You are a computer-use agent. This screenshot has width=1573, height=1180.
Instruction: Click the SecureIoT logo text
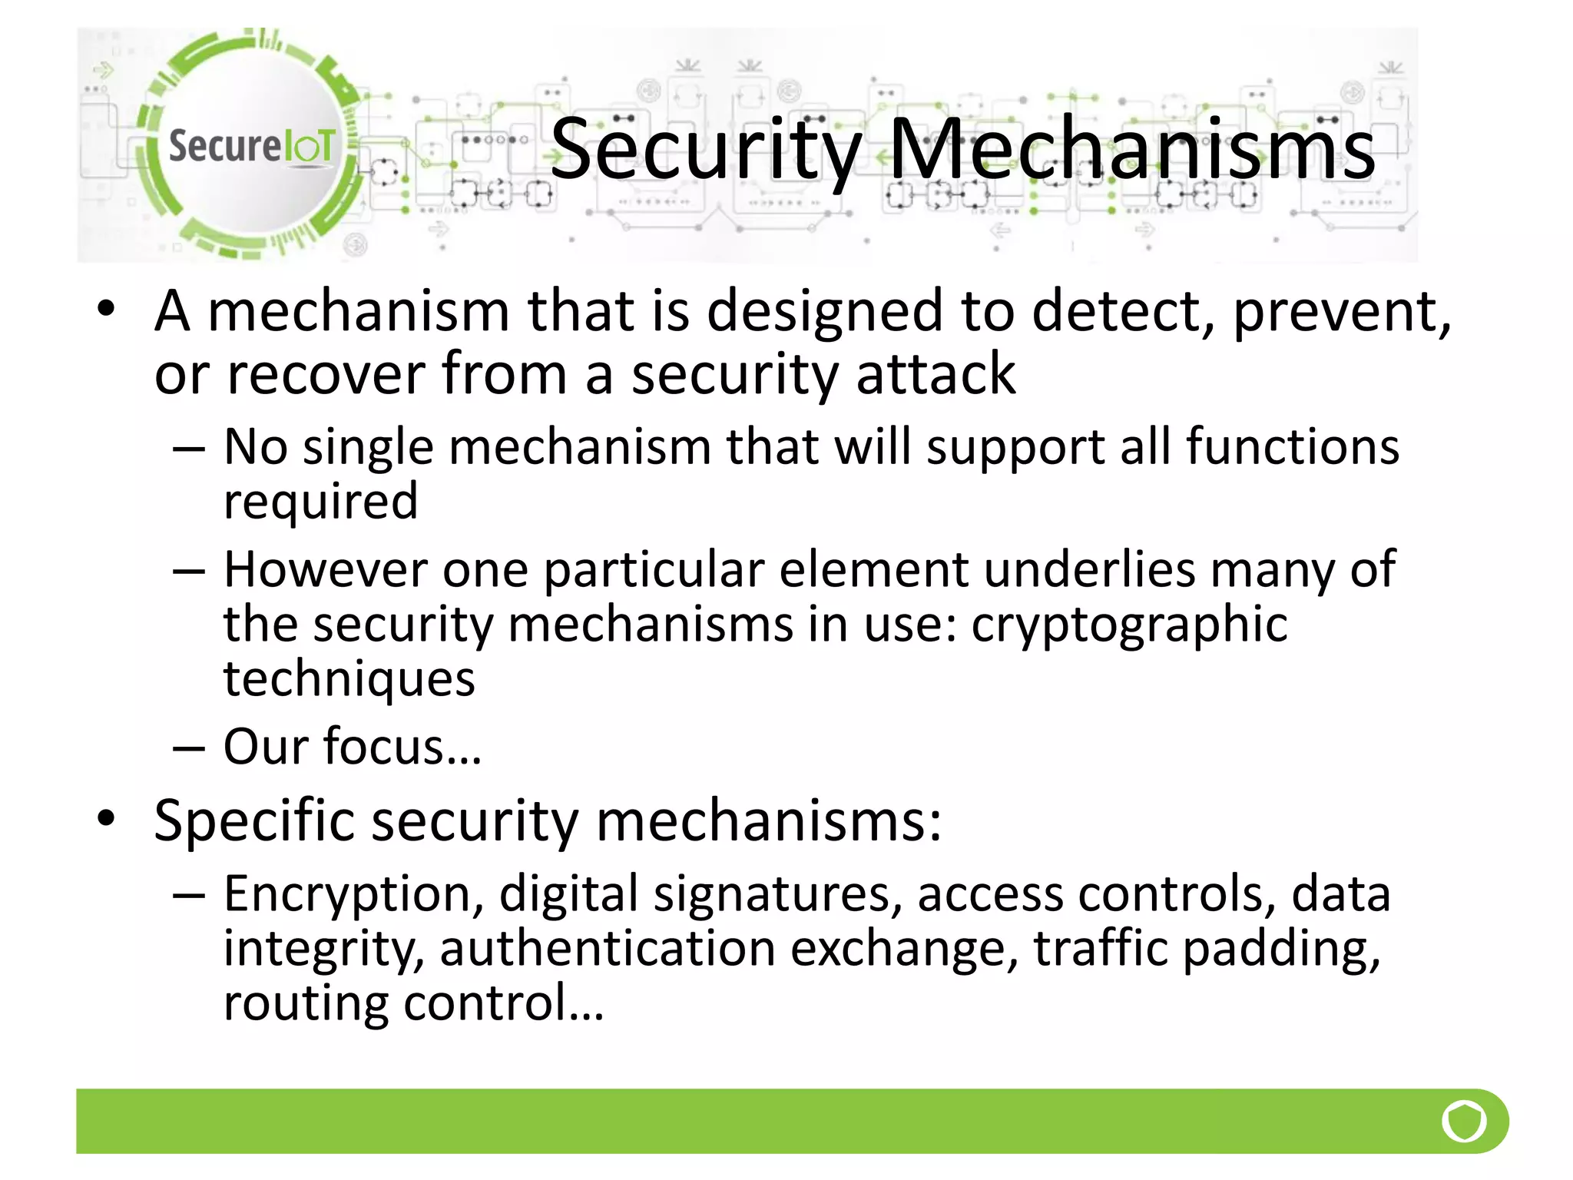(x=251, y=145)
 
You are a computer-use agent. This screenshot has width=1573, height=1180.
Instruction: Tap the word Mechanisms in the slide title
(x=1131, y=150)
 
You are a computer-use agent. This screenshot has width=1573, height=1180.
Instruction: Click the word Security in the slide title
(x=705, y=150)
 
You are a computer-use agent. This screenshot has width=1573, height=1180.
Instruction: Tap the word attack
(x=935, y=374)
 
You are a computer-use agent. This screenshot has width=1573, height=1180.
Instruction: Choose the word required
(x=320, y=502)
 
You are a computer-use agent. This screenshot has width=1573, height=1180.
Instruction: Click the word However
(x=325, y=569)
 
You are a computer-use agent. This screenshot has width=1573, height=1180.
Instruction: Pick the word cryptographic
(x=1129, y=625)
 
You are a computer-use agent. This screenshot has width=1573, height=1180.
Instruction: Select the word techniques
(x=349, y=679)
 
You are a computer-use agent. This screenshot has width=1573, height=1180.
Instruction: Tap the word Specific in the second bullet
(x=254, y=820)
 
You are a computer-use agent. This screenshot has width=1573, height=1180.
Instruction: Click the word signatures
(x=777, y=893)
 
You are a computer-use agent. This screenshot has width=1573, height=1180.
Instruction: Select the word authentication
(x=607, y=948)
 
